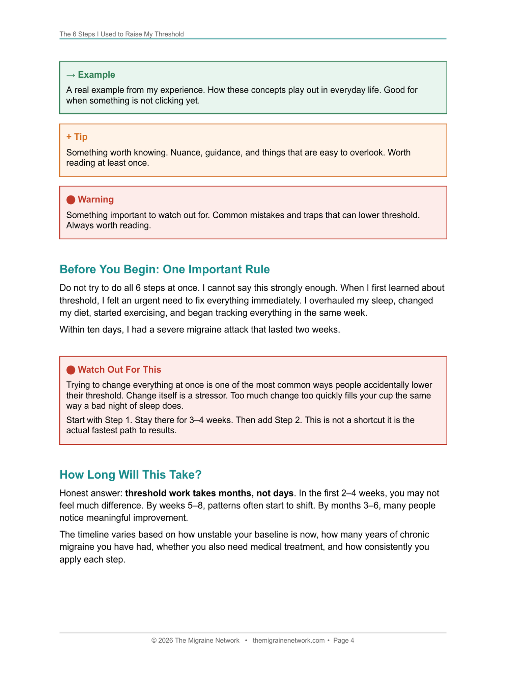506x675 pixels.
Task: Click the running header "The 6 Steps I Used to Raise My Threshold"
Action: [121, 34]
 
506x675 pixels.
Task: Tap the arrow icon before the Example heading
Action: [71, 75]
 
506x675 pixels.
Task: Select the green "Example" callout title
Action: [96, 75]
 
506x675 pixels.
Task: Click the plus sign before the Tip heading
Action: [69, 137]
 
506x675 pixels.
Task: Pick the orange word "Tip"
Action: [81, 137]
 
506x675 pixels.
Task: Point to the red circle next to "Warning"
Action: [71, 200]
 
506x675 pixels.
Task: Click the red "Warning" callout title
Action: [96, 199]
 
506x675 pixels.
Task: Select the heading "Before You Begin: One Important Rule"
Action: [165, 269]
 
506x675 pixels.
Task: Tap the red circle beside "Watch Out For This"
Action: [71, 370]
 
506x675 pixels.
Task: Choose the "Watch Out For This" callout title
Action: [119, 370]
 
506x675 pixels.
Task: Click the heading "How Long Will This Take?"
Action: [131, 475]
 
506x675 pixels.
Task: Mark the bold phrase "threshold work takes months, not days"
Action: [209, 493]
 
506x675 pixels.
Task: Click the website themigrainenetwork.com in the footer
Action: [288, 641]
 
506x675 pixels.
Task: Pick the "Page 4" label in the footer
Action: [343, 641]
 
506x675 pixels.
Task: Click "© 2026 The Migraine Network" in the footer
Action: [195, 641]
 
